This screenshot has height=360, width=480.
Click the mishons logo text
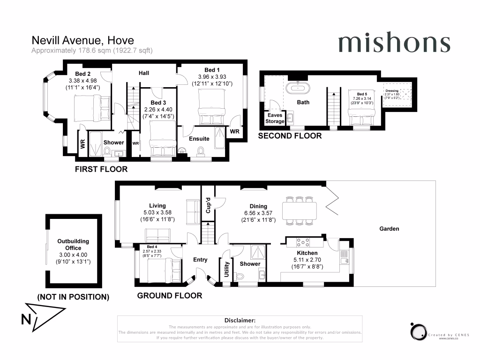click(394, 43)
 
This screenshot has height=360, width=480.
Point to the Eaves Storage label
click(275, 118)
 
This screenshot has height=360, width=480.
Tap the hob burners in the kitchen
click(303, 242)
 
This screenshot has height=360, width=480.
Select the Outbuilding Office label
click(73, 245)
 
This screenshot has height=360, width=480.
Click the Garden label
click(389, 229)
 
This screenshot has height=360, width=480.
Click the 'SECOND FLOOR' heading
click(290, 136)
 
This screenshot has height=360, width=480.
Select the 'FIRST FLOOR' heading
click(101, 169)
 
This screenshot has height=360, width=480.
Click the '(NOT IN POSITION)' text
click(73, 297)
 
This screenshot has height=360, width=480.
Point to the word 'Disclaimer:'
click(240, 320)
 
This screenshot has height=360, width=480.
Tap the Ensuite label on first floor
click(199, 139)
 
